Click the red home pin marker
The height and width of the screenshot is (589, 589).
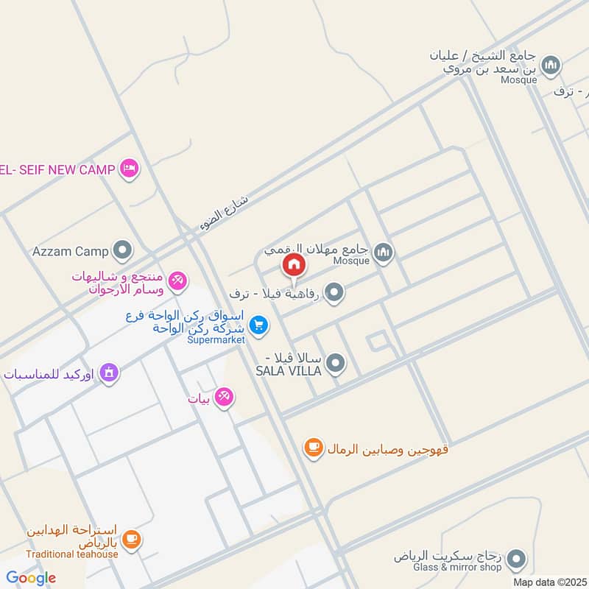(294, 265)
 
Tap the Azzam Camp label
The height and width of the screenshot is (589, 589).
(70, 251)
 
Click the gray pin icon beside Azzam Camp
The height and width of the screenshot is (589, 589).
(121, 251)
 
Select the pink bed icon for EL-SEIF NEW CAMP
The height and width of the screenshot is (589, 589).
(130, 169)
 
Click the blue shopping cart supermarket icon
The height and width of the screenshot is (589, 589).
(258, 324)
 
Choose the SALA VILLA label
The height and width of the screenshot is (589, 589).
(289, 370)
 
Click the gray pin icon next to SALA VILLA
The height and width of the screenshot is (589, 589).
(336, 363)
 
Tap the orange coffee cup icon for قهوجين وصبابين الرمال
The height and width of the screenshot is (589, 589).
(314, 447)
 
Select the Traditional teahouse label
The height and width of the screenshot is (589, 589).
(71, 554)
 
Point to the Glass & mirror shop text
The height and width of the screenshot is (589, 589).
(457, 567)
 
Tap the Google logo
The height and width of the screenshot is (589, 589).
(30, 578)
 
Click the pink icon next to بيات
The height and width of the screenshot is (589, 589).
(225, 397)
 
